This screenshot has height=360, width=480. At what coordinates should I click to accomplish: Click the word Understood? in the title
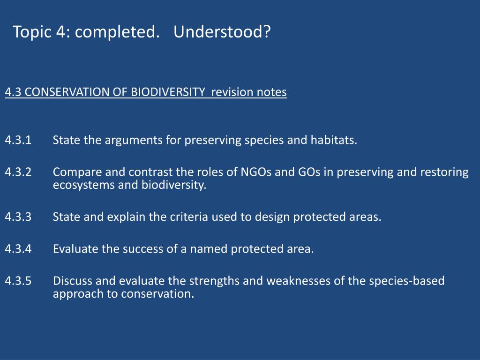pos(222,31)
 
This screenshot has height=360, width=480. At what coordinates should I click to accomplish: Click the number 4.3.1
pos(18,140)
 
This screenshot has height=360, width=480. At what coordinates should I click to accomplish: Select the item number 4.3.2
pos(18,172)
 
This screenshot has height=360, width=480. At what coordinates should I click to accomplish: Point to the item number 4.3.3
pos(18,217)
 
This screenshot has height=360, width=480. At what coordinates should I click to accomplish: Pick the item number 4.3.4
pos(18,248)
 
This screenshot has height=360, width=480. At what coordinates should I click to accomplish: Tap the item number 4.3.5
pos(18,281)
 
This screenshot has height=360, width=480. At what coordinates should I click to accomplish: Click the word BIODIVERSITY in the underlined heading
pos(168,92)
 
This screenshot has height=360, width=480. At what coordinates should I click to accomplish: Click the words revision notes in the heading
pos(249,92)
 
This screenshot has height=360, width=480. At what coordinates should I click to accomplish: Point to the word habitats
pos(334,140)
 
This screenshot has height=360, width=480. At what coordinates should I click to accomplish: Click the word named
pos(209,249)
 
